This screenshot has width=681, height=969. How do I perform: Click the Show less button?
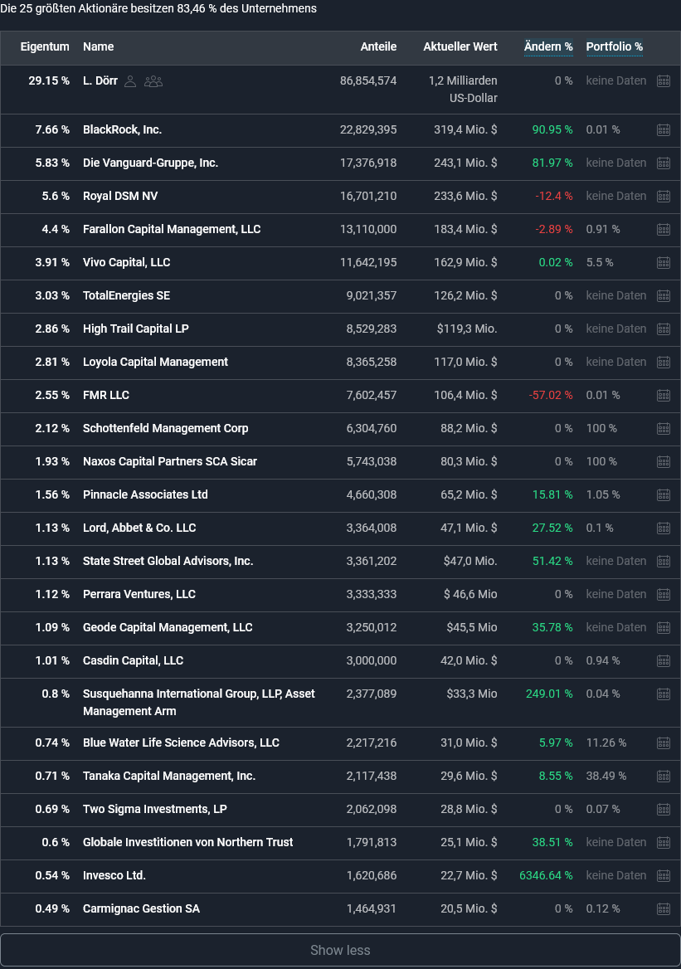(x=340, y=950)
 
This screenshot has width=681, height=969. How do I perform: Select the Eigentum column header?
(x=45, y=46)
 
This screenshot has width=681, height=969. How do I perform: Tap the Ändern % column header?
(x=548, y=46)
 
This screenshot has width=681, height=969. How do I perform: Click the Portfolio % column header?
(x=614, y=46)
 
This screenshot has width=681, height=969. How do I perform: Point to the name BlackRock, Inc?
(x=122, y=129)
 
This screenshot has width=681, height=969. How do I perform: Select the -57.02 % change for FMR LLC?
(x=551, y=395)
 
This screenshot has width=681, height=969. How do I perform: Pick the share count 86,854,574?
(x=368, y=80)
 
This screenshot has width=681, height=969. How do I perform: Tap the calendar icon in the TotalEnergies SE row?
(x=664, y=295)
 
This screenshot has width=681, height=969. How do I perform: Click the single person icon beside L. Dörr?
(x=130, y=81)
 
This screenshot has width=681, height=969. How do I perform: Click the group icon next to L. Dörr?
(x=153, y=81)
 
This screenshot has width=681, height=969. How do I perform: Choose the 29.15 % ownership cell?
(x=49, y=80)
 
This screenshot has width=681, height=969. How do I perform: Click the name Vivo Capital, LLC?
(x=126, y=262)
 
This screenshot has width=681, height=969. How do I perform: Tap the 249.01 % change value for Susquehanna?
(x=549, y=694)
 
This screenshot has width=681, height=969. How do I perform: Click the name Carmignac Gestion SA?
(x=141, y=908)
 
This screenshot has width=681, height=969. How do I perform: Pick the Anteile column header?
(x=378, y=46)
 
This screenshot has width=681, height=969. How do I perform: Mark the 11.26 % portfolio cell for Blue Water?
(x=606, y=743)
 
